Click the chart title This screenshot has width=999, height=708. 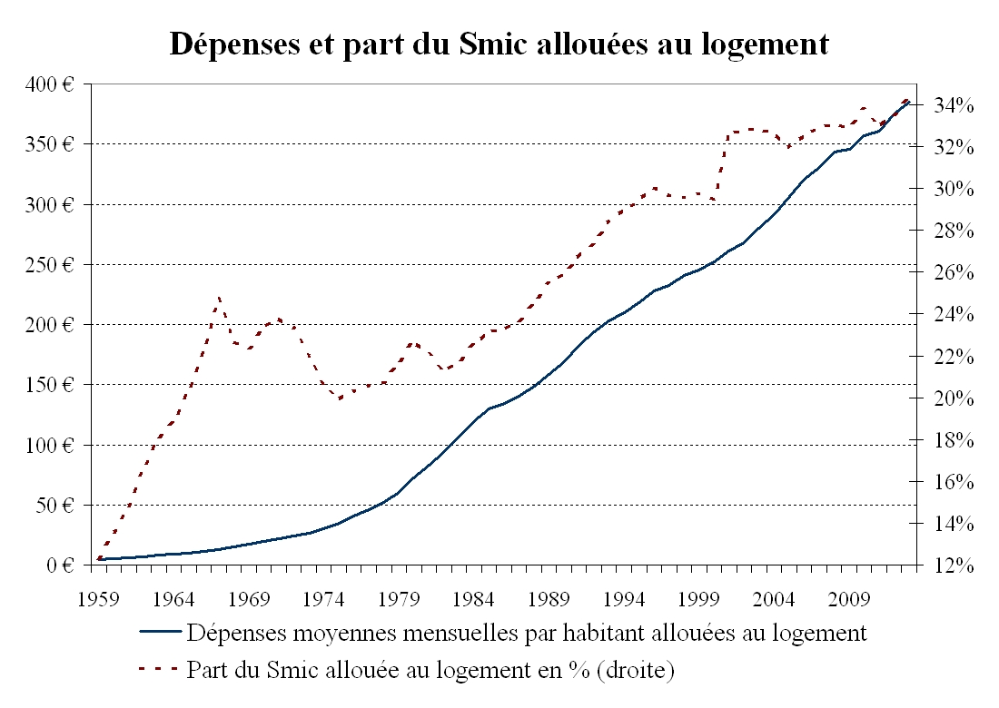[x=499, y=44]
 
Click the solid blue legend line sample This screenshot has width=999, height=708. [x=159, y=633]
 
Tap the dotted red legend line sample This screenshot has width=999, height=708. [x=159, y=672]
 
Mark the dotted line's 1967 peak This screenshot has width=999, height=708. [x=219, y=297]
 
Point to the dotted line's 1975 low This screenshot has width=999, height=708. [x=340, y=398]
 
